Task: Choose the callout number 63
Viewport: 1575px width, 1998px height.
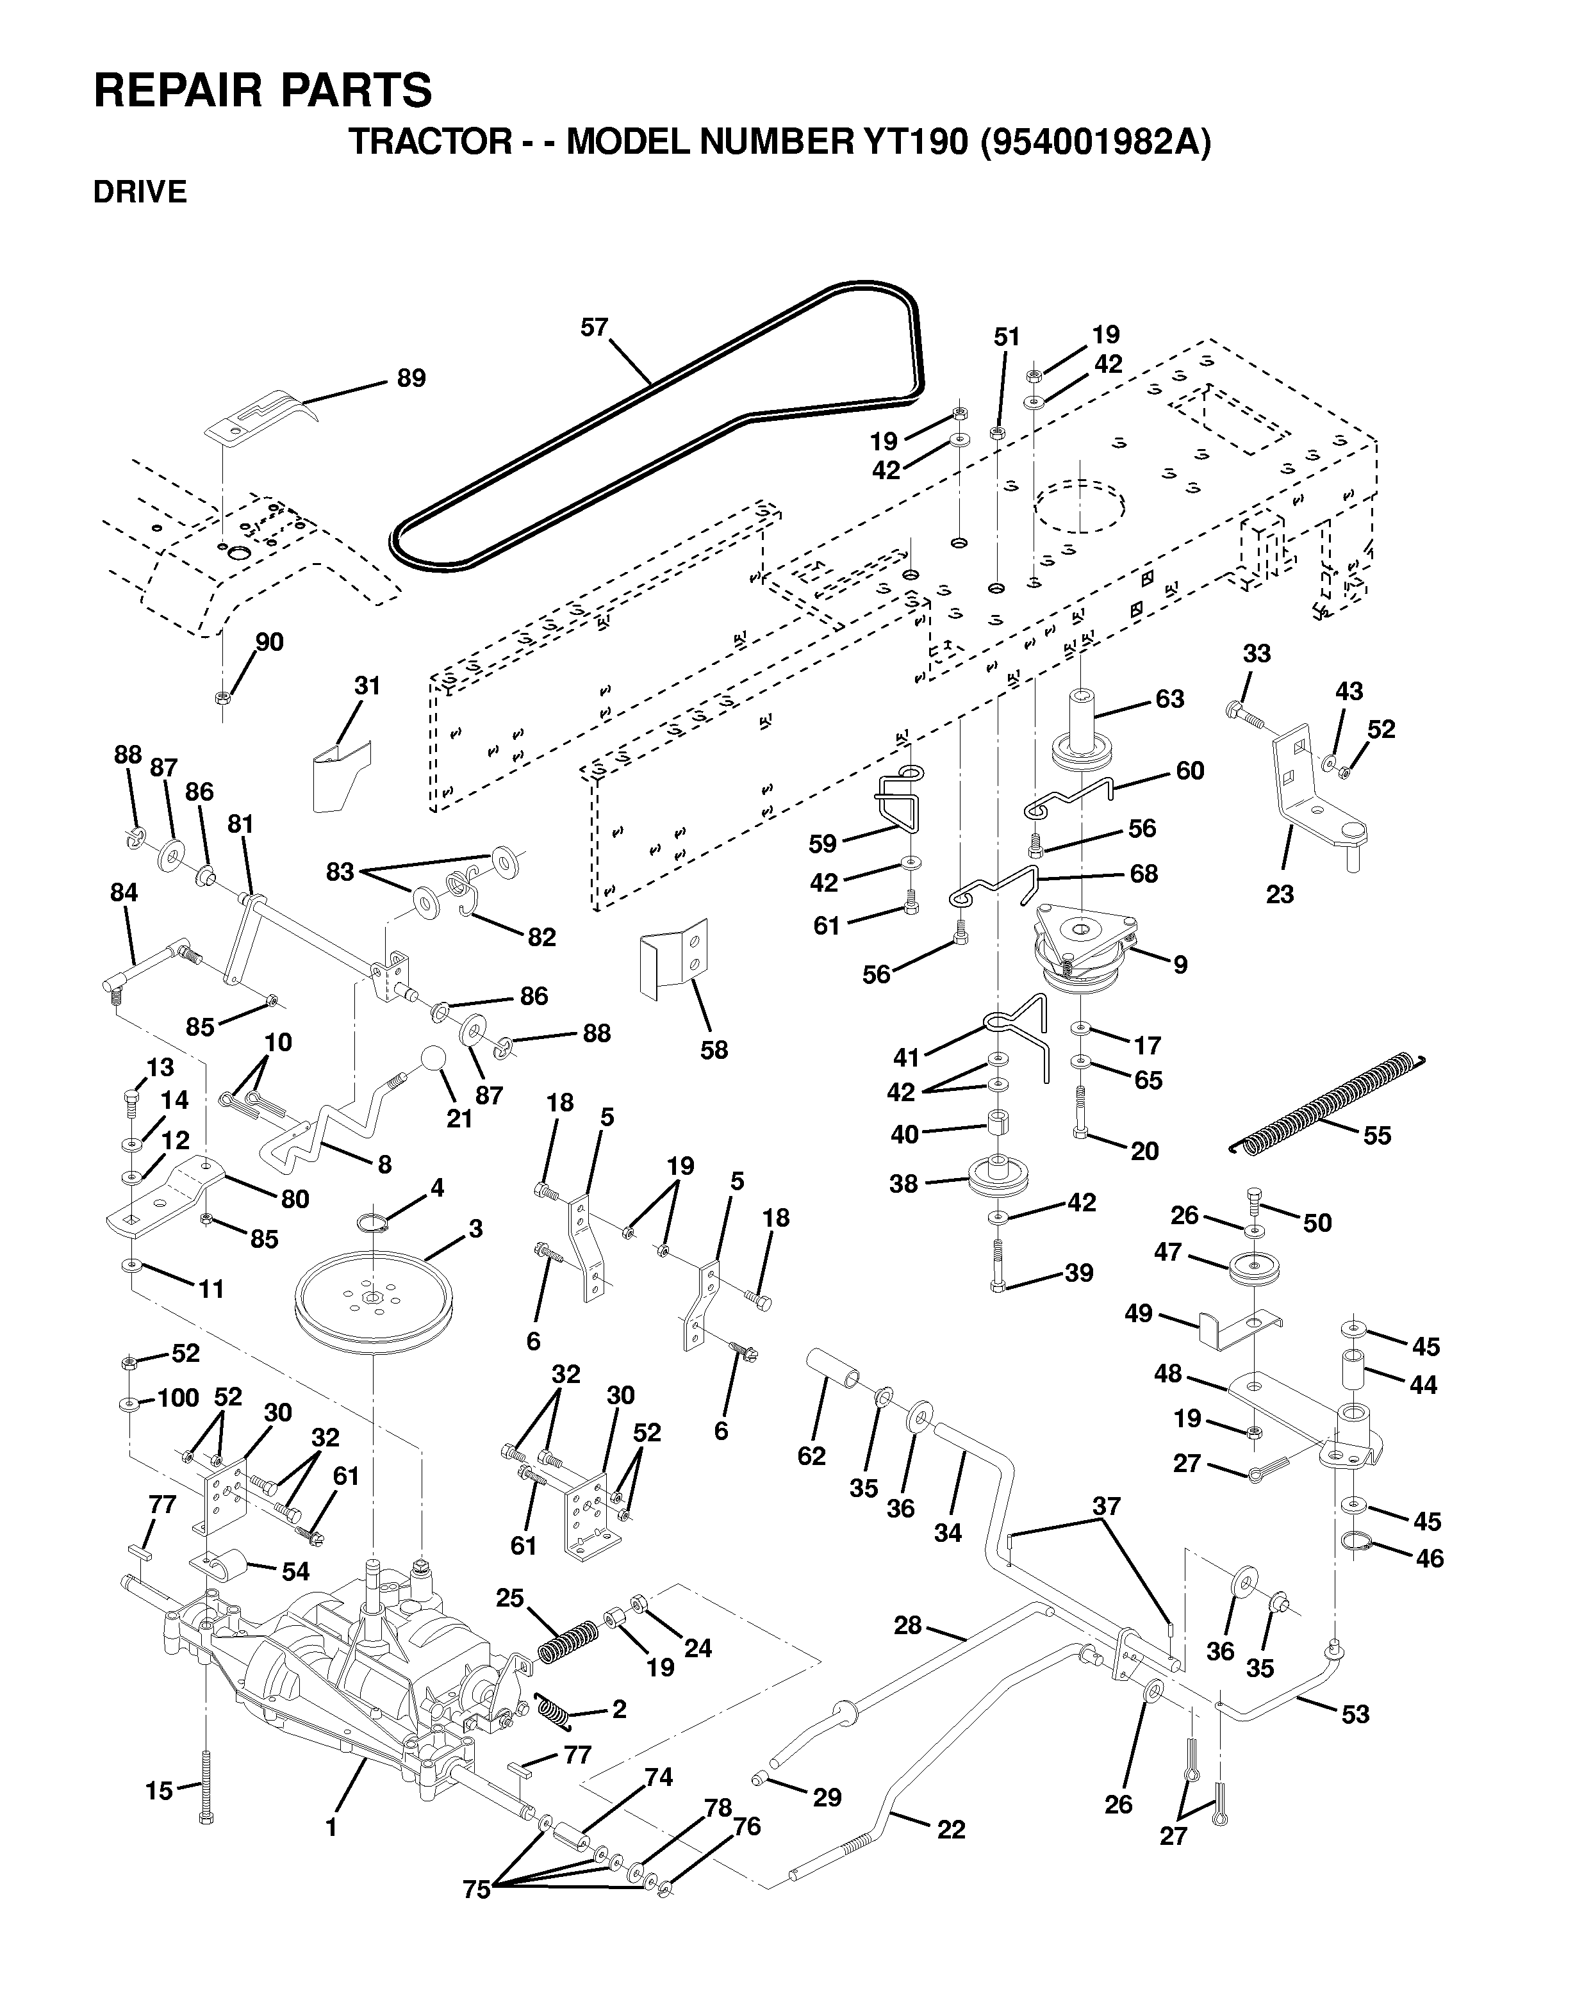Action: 1169,699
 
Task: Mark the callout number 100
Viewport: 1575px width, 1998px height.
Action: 178,1398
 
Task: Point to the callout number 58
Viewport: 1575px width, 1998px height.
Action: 714,1049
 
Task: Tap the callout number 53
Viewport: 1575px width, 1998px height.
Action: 1355,1714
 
